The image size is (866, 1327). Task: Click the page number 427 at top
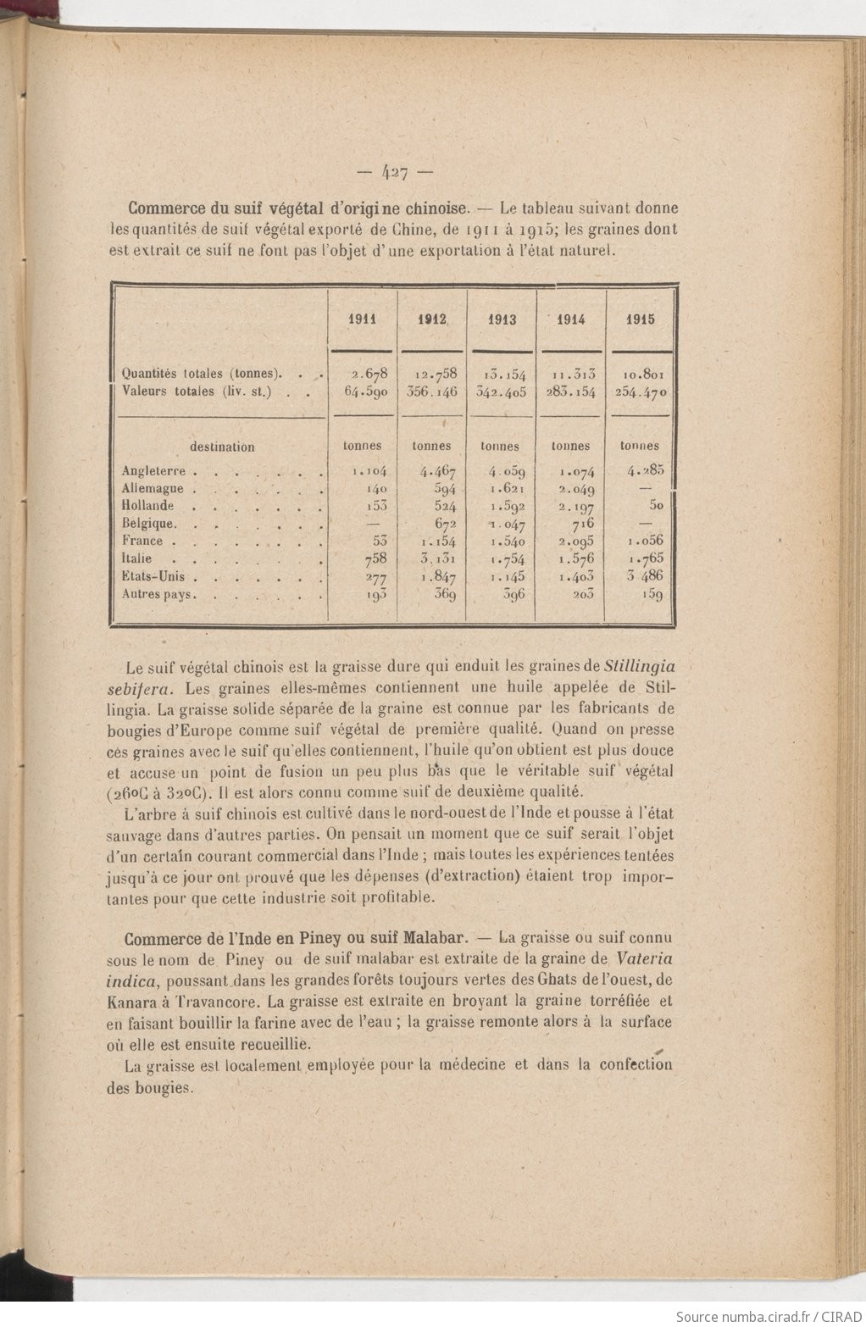coord(395,172)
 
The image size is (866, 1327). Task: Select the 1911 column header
coord(364,319)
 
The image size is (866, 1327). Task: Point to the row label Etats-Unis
coord(153,577)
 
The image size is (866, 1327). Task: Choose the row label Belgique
coord(148,524)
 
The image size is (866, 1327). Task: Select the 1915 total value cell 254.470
coord(641,392)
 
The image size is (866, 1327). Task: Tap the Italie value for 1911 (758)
coord(375,558)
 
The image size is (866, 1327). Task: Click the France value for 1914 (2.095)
coord(576,541)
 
